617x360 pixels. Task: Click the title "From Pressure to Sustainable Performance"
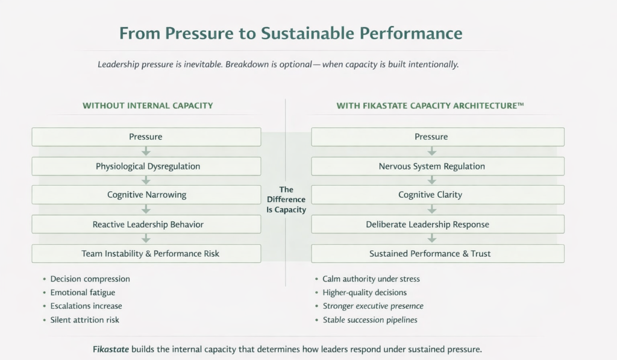[x=290, y=33]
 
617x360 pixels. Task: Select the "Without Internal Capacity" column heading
[x=148, y=106]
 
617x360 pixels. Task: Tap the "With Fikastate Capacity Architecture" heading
[x=430, y=106]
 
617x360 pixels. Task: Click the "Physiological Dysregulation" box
[x=146, y=166]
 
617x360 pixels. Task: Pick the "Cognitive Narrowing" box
[x=146, y=195]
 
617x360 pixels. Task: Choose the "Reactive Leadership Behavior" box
[x=146, y=224]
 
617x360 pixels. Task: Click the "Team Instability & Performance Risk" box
[x=146, y=254]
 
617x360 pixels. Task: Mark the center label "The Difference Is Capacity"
[x=286, y=200]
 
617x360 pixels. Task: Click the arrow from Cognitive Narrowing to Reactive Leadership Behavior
[x=146, y=209]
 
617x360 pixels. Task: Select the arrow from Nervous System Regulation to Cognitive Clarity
[x=432, y=180]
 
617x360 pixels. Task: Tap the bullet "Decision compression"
[x=90, y=279]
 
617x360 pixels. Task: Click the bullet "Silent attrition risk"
[x=84, y=320]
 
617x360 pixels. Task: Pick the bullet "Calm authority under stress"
[x=371, y=279]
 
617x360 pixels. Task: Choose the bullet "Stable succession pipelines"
[x=370, y=320]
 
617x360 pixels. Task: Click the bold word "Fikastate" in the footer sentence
[x=111, y=349]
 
